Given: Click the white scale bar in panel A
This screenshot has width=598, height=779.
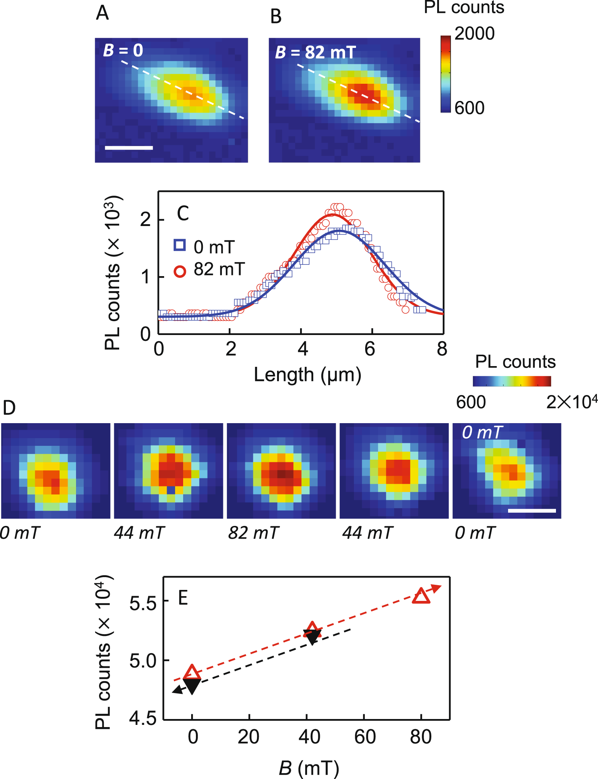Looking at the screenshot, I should click(129, 148).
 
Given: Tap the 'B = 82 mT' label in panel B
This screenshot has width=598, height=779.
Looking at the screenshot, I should click(315, 52).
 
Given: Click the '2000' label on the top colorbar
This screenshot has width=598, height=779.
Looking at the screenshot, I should click(474, 34).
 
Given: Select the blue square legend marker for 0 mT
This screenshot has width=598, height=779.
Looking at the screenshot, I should click(179, 245).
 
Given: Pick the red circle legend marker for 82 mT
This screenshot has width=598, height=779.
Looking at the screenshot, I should click(179, 271).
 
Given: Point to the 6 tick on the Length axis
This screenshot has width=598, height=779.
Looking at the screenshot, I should click(370, 349).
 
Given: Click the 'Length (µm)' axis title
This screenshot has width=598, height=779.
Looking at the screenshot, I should click(307, 375).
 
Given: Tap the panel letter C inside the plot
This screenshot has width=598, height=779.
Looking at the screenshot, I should click(183, 214).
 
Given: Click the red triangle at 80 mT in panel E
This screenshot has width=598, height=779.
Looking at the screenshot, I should click(421, 596).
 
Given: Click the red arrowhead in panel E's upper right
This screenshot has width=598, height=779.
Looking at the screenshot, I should click(435, 588).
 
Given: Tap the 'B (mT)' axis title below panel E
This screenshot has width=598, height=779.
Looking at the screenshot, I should click(309, 768).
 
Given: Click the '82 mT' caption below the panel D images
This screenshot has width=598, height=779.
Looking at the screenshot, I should click(253, 533).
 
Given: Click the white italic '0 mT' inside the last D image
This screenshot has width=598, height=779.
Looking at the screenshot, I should click(482, 433).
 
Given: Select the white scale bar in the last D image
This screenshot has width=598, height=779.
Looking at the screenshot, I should click(532, 511).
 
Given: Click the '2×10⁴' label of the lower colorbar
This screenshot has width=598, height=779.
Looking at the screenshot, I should click(571, 402).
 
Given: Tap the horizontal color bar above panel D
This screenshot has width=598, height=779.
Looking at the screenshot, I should click(512, 381).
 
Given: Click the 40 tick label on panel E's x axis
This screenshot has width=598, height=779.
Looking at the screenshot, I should click(309, 737).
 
